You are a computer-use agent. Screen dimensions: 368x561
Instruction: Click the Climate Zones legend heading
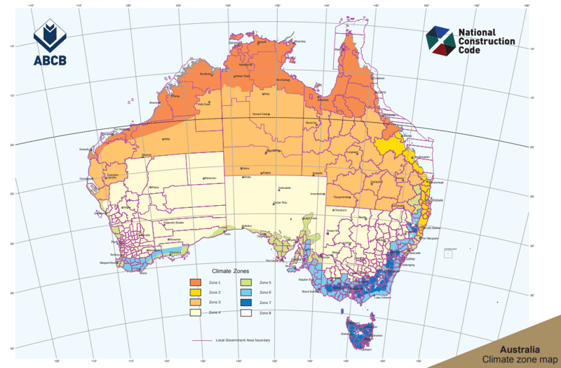pos(231,270)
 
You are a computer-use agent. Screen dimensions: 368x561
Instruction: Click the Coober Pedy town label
pos(281,203)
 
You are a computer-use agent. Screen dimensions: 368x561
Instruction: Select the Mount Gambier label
pos(310,291)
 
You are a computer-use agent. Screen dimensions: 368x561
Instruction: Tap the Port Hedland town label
pos(120,129)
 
